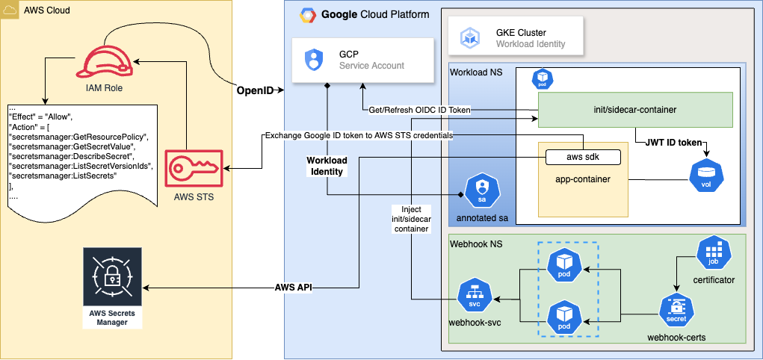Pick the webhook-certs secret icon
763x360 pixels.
pyautogui.click(x=676, y=309)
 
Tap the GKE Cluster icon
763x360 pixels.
pyautogui.click(x=472, y=38)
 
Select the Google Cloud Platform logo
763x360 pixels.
pyautogui.click(x=306, y=14)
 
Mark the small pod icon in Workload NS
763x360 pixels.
pyautogui.click(x=541, y=78)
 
